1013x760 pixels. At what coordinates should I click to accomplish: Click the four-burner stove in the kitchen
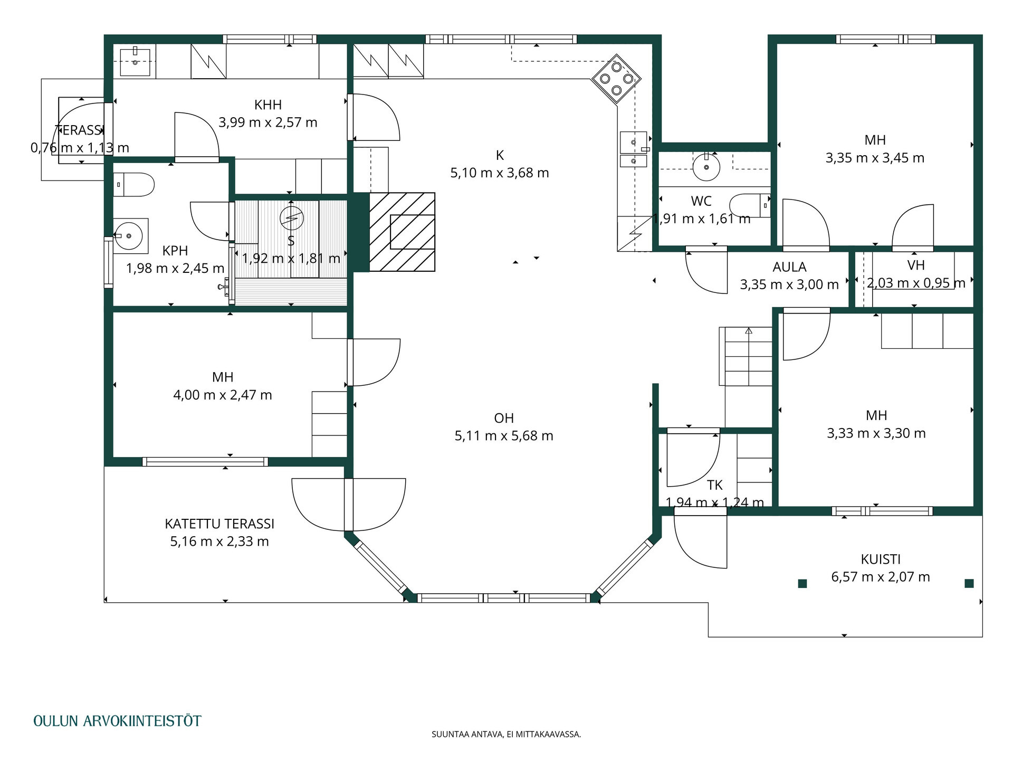[616, 79]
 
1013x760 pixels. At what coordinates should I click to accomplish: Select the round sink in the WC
[706, 167]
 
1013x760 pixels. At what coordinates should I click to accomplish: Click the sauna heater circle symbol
[292, 218]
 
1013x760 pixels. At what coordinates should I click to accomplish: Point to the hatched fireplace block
[402, 232]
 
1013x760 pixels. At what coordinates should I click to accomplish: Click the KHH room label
[267, 104]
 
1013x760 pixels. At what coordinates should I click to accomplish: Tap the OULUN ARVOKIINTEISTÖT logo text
[117, 721]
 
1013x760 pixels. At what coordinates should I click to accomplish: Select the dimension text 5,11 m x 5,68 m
[504, 435]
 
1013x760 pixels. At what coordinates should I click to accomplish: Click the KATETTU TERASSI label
[219, 524]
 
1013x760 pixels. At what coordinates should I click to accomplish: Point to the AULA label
[789, 267]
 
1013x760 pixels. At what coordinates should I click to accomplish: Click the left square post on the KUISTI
[802, 583]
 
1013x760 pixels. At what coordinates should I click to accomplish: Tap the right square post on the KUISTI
[969, 583]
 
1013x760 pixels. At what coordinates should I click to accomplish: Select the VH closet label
[916, 265]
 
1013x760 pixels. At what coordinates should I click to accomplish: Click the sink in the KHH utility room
[135, 62]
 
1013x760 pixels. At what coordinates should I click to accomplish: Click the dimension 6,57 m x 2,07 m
[881, 577]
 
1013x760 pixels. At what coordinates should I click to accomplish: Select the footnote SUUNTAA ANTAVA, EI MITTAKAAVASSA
[506, 734]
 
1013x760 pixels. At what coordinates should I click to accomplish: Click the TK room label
[715, 485]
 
